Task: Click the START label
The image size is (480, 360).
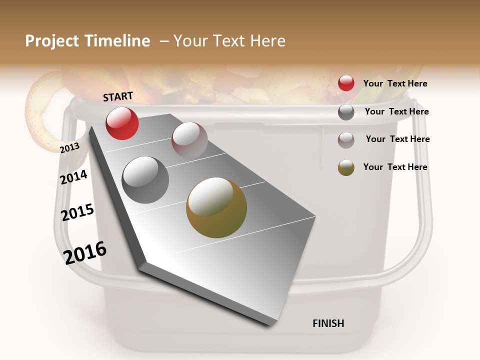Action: pyautogui.click(x=118, y=96)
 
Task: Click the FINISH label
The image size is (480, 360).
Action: pyautogui.click(x=328, y=323)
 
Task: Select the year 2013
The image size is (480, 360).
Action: pyautogui.click(x=69, y=147)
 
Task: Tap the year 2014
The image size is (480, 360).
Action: pyautogui.click(x=74, y=177)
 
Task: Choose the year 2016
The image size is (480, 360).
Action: pyautogui.click(x=85, y=252)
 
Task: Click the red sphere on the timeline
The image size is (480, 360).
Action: pyautogui.click(x=122, y=123)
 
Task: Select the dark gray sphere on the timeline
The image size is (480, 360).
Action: pyautogui.click(x=145, y=180)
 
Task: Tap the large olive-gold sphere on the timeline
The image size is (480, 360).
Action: pyautogui.click(x=216, y=207)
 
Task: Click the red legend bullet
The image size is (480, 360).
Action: pyautogui.click(x=346, y=83)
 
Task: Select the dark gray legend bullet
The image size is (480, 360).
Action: pyautogui.click(x=346, y=112)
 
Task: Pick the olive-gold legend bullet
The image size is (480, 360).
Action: pyautogui.click(x=346, y=167)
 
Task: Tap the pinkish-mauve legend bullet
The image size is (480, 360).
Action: pyautogui.click(x=346, y=139)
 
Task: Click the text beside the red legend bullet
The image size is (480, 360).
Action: pyautogui.click(x=395, y=83)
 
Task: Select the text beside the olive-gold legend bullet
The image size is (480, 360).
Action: pyautogui.click(x=395, y=167)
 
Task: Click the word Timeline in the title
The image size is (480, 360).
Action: pyautogui.click(x=117, y=41)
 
